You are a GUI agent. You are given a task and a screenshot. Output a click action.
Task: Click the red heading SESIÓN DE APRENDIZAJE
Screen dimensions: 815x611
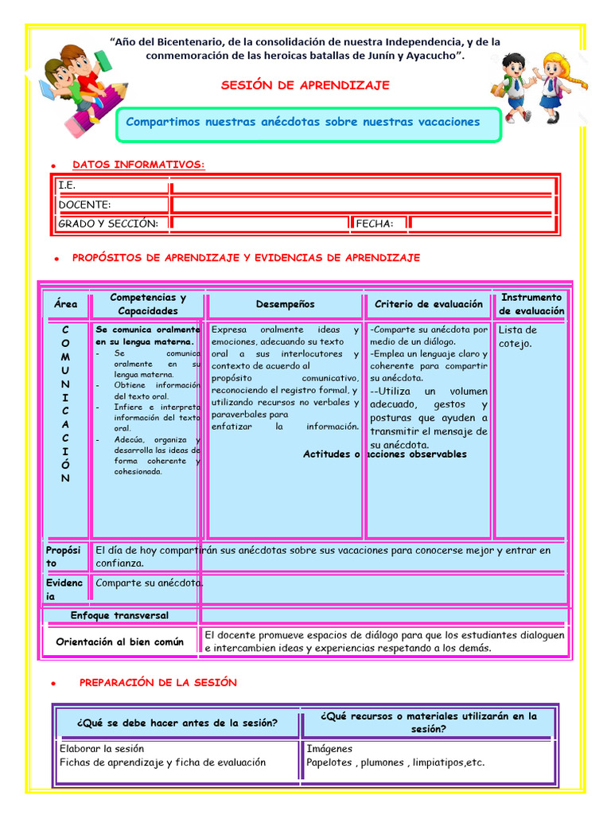(305, 85)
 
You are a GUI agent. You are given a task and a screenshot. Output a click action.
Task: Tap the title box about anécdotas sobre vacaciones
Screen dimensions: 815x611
(309, 123)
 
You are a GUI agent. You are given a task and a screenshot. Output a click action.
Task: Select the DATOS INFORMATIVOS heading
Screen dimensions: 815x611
(138, 165)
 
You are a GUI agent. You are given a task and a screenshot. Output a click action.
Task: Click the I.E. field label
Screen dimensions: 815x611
(66, 185)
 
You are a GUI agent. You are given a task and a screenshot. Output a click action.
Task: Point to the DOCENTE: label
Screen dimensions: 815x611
(84, 205)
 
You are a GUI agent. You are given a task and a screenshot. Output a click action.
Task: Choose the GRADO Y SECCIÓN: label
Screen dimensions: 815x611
(108, 224)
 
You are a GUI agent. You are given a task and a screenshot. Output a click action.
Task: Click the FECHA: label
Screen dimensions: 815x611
(375, 224)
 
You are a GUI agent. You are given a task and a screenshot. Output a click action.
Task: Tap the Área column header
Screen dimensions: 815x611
(66, 304)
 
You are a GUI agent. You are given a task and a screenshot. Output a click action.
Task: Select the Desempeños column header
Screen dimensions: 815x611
(285, 304)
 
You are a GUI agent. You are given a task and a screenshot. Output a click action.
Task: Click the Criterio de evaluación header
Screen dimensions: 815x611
(428, 304)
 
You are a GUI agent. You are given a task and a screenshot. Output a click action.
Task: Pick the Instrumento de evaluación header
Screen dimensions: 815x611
(531, 304)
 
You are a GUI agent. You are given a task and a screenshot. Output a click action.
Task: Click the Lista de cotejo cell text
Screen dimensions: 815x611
(518, 337)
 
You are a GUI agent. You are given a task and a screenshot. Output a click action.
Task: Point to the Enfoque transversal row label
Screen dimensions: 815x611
(119, 615)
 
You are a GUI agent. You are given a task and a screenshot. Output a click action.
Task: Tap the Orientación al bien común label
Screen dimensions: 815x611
(119, 641)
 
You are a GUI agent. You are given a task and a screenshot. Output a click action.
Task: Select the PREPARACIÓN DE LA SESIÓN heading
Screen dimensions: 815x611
(158, 683)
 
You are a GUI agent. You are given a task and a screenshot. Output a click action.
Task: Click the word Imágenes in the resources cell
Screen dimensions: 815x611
(329, 749)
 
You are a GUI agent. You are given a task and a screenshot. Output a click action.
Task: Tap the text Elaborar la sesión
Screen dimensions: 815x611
(102, 749)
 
